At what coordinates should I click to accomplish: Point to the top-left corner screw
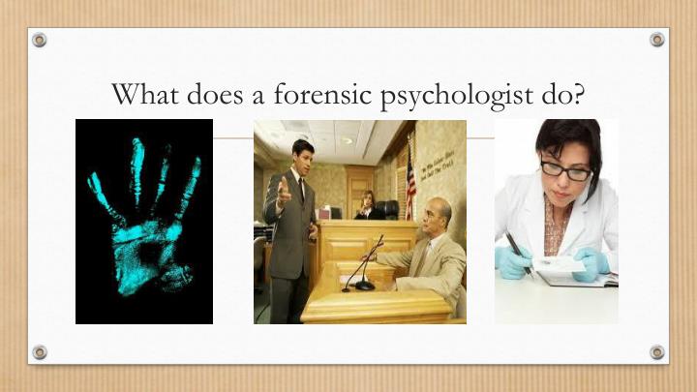[39, 40]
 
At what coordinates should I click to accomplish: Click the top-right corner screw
[657, 40]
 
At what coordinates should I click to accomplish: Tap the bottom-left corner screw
[39, 351]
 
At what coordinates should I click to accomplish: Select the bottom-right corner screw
[657, 351]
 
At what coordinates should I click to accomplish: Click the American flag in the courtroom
[409, 184]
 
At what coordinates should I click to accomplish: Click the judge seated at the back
[368, 204]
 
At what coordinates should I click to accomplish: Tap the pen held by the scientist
[520, 253]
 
